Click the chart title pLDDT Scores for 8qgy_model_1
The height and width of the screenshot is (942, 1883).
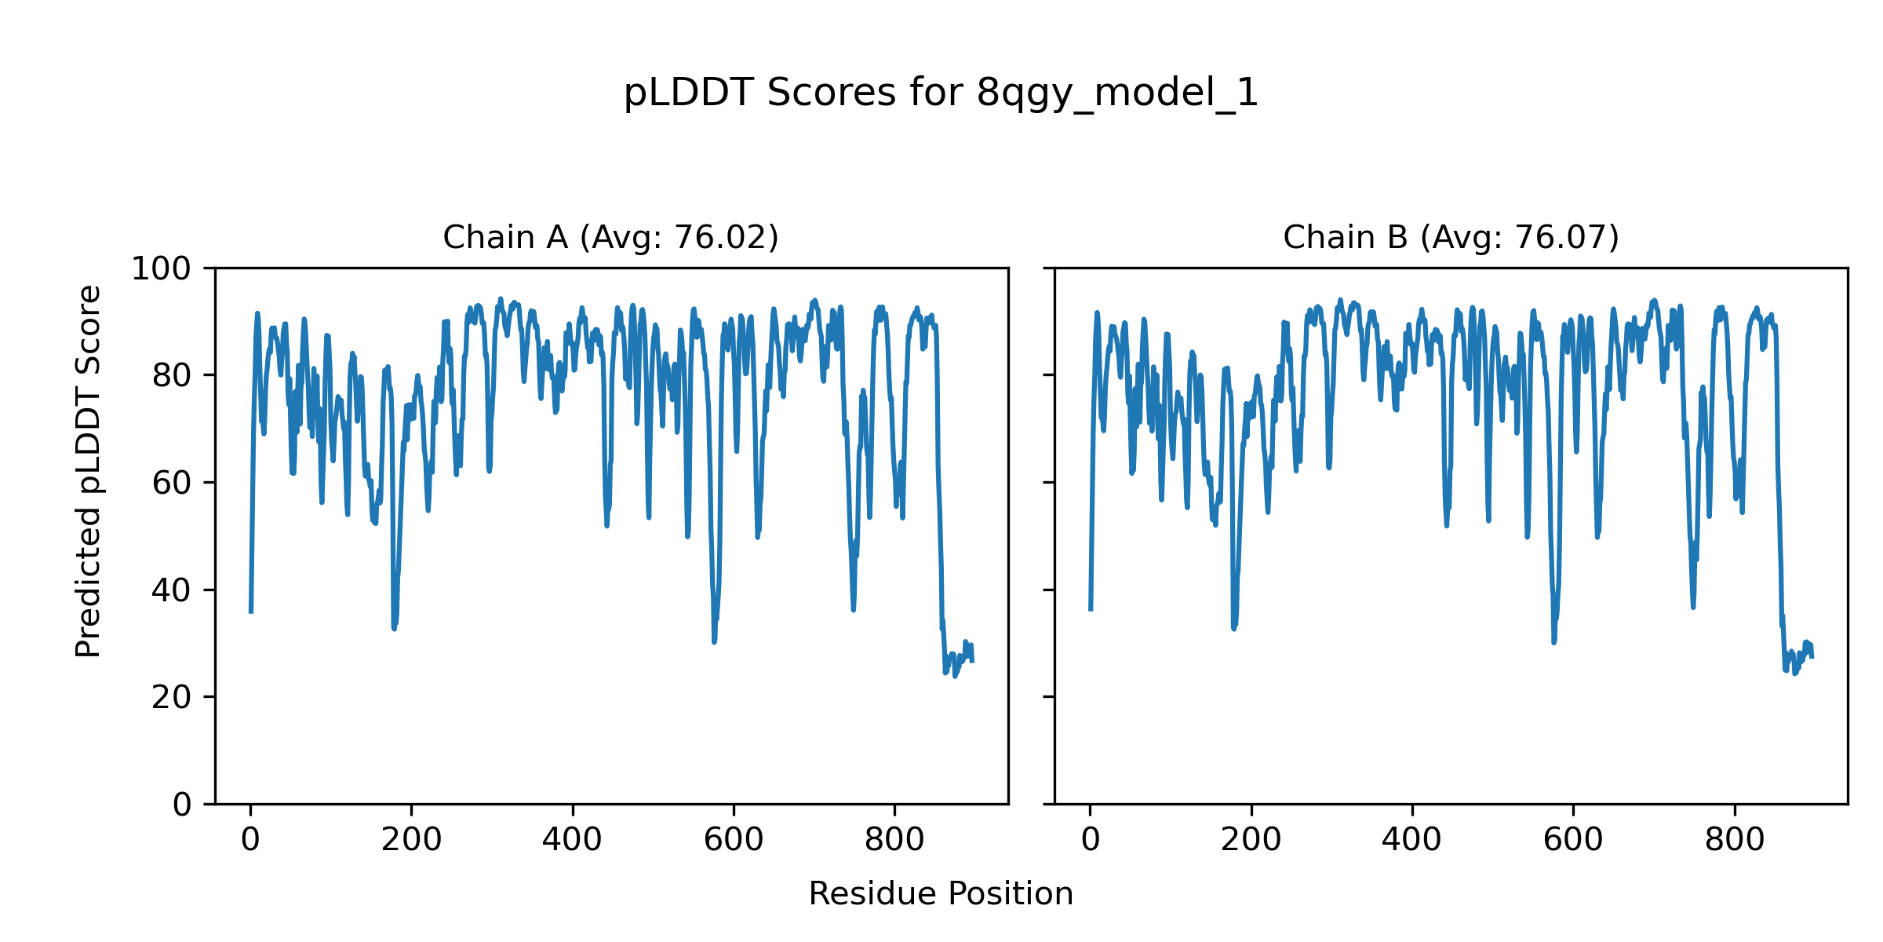941,93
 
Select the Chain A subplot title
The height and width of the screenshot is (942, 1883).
610,237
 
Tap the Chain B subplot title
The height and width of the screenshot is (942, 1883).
1451,237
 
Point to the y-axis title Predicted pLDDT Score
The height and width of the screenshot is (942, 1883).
89,471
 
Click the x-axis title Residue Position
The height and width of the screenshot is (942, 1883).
941,894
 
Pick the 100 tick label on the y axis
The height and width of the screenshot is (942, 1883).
161,269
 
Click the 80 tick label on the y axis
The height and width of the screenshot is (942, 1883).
171,376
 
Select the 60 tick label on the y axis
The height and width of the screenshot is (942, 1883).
171,483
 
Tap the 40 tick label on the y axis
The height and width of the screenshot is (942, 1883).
171,590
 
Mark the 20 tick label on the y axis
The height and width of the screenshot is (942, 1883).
171,697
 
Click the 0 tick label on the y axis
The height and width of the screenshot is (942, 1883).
182,805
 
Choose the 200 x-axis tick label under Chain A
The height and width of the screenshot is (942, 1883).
411,840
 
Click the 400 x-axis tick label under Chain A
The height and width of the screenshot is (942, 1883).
573,840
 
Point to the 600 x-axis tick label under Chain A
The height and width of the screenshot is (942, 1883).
734,840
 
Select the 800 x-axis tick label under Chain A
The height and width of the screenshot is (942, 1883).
894,840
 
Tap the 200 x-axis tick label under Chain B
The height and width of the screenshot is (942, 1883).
1251,840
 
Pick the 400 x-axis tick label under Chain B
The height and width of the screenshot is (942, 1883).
1412,840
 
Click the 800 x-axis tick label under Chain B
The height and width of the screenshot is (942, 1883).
1735,840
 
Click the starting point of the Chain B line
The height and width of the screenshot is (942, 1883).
1091,609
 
